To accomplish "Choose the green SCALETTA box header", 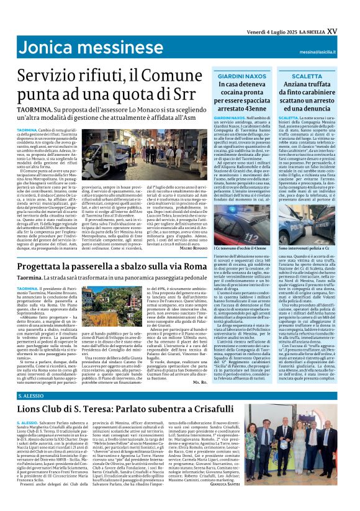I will pos(315,75).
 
